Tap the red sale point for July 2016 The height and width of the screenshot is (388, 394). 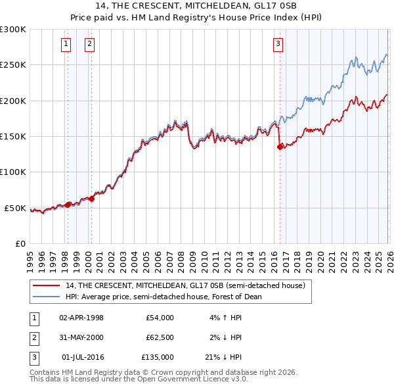tap(280, 147)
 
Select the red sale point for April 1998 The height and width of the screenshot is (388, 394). tap(68, 205)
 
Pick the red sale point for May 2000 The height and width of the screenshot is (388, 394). tap(92, 199)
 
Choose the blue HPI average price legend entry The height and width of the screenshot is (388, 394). tap(163, 297)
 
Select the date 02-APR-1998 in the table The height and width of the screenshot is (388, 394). tap(81, 318)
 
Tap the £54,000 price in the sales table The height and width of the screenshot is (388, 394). tap(160, 318)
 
